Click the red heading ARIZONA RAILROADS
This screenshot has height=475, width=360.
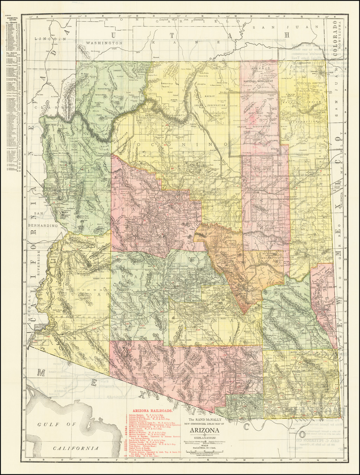click(152, 410)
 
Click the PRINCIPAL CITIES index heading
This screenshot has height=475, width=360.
click(11, 19)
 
